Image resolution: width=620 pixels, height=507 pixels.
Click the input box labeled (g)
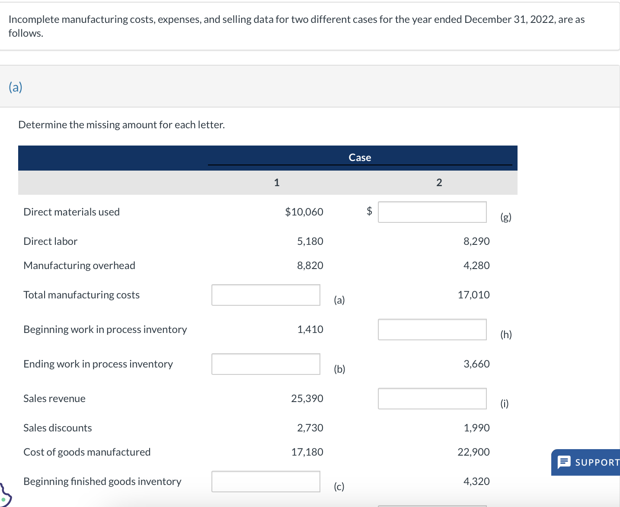click(x=432, y=212)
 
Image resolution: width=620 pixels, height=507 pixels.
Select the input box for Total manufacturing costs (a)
click(x=265, y=295)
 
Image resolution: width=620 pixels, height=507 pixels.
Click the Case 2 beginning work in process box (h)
click(x=432, y=330)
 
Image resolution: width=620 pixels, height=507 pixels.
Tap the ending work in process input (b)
click(x=265, y=364)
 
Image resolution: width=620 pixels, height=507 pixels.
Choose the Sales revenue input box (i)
click(x=432, y=399)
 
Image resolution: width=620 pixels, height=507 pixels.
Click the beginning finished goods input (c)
click(x=265, y=482)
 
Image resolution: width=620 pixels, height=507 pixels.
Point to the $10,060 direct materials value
click(x=304, y=212)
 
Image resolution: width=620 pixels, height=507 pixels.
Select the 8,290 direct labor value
click(x=476, y=241)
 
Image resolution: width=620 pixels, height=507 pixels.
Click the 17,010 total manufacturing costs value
click(x=473, y=295)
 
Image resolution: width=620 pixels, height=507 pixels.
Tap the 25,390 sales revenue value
click(x=307, y=399)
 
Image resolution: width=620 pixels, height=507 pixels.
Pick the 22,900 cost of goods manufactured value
click(x=473, y=452)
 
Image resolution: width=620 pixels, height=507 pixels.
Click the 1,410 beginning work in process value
click(x=310, y=330)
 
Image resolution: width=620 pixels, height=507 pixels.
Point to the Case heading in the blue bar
click(x=360, y=158)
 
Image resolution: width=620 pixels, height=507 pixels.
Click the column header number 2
click(x=439, y=183)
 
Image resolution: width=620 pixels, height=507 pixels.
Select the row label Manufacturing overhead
click(x=80, y=266)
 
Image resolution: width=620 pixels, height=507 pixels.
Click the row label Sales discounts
click(x=58, y=428)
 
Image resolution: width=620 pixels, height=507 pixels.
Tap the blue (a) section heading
click(x=16, y=87)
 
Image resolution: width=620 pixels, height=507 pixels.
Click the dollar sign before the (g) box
click(x=369, y=211)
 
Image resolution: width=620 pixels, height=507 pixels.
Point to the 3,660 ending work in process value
click(x=476, y=364)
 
